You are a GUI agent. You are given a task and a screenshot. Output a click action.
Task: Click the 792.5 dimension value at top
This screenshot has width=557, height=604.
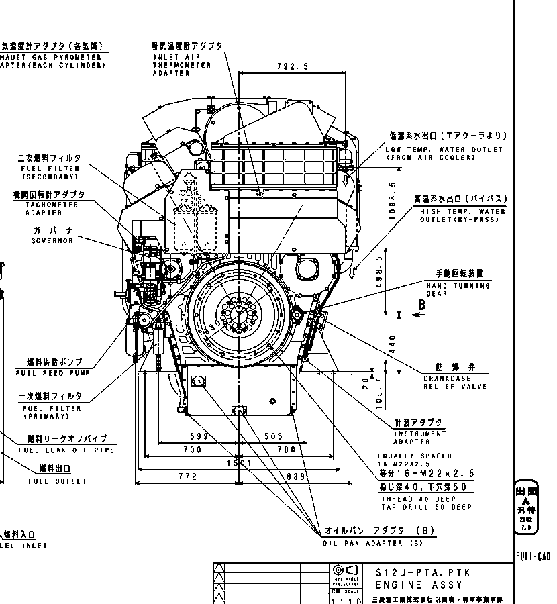click(292, 66)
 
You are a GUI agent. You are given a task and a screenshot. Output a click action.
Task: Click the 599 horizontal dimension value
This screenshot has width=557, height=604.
click(199, 436)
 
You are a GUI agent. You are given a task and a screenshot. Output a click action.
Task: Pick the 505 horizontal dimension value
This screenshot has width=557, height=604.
click(273, 436)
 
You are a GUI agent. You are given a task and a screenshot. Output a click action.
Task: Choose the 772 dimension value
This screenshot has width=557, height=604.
click(189, 476)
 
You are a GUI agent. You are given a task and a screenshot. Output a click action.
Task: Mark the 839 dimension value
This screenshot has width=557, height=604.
click(297, 476)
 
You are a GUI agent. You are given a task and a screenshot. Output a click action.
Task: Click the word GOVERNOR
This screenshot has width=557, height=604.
click(52, 241)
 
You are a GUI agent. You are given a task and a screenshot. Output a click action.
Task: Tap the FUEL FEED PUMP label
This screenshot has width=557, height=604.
click(49, 373)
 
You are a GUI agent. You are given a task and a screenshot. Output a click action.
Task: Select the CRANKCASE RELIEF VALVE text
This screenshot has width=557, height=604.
click(455, 383)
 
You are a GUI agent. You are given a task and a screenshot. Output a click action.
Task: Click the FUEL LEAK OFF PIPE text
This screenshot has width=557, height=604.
click(66, 450)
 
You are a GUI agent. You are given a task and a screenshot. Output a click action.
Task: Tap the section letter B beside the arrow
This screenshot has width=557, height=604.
click(421, 305)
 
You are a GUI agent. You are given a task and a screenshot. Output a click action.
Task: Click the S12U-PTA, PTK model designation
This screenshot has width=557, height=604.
click(423, 572)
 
